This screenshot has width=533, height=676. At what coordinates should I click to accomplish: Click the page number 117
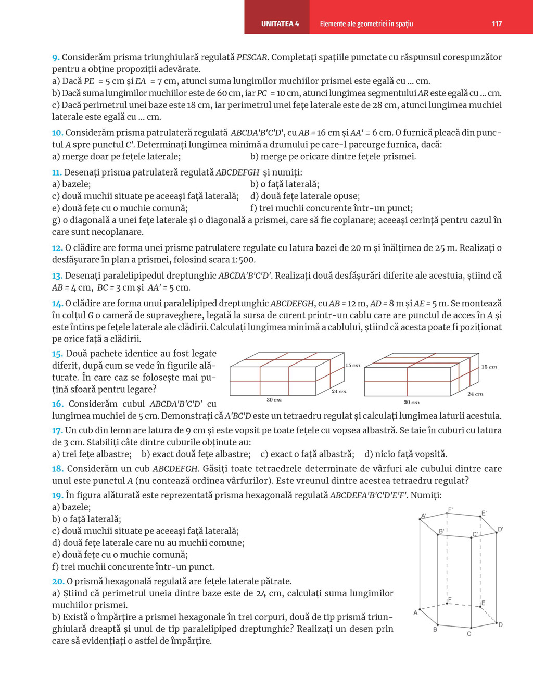coord(497,23)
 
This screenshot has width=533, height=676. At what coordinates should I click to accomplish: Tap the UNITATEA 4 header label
coord(280,23)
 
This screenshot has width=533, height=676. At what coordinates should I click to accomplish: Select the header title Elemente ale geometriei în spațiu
coord(366,23)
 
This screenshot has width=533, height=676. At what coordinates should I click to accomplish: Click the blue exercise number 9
coord(56,57)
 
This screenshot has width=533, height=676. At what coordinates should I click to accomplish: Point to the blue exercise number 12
coord(57,248)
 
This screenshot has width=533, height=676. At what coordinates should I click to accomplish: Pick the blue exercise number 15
coord(57,354)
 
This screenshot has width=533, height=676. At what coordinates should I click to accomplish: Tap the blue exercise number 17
coord(57,430)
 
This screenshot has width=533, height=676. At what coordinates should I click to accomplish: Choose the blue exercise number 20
coord(58,581)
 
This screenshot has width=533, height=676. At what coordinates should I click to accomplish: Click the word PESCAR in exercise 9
coord(252,57)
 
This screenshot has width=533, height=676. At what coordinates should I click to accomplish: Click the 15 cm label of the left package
coord(353,366)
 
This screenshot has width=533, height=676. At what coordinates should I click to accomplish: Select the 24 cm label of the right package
coord(475,394)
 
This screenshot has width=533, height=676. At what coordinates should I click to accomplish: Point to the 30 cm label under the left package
coord(274,400)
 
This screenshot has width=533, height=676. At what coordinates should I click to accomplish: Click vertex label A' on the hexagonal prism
coord(424,516)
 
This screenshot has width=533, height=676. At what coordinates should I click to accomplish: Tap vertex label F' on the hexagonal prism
coord(450,509)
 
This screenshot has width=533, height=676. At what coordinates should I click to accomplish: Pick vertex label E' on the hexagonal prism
coord(484,514)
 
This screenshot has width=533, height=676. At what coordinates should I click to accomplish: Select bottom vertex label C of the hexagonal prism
coord(469,634)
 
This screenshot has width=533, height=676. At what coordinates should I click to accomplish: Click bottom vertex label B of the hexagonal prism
coord(435,630)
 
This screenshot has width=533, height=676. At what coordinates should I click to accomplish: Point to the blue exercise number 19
coord(57,495)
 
